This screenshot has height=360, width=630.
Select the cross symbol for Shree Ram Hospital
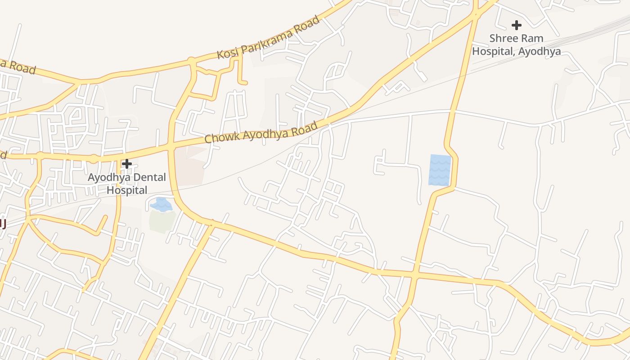516,25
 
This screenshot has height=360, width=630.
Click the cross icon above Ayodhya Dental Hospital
127,164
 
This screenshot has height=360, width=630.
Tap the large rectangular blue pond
440,170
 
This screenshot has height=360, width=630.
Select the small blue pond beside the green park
161,205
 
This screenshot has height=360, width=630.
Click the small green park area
162,221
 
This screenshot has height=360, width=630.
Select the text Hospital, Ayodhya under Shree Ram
516,51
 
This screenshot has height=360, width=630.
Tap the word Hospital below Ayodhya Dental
127,190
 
